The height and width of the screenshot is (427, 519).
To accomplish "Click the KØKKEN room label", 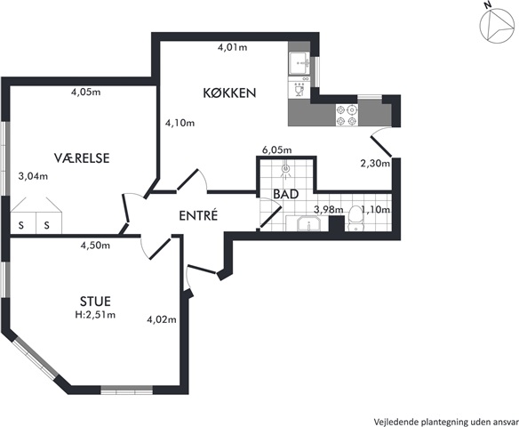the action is [229, 93].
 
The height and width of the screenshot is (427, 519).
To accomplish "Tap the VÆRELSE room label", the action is [82, 158].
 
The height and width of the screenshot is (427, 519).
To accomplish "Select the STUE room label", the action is [95, 302].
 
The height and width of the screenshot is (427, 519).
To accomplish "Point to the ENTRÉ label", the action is [198, 215].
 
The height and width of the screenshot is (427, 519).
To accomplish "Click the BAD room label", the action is [286, 194].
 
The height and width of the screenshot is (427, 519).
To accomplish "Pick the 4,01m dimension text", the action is [232, 47].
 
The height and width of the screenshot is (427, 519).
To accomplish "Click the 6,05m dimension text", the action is [277, 150].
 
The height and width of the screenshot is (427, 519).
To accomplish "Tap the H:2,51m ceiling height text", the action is [95, 314].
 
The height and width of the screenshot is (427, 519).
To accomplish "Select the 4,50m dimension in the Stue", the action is [95, 246].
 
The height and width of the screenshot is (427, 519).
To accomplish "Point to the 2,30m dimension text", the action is [375, 163].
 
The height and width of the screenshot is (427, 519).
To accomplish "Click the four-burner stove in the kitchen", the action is [347, 115].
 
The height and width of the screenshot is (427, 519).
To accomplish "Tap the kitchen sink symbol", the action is [299, 63].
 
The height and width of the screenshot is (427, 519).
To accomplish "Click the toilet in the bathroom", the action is [355, 218].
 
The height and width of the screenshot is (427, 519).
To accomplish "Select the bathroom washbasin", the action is [308, 224].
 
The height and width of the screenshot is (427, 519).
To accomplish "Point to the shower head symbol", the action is [285, 169].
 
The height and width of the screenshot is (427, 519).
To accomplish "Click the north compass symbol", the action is [496, 27].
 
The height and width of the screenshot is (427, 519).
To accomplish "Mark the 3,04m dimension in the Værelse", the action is [33, 176].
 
